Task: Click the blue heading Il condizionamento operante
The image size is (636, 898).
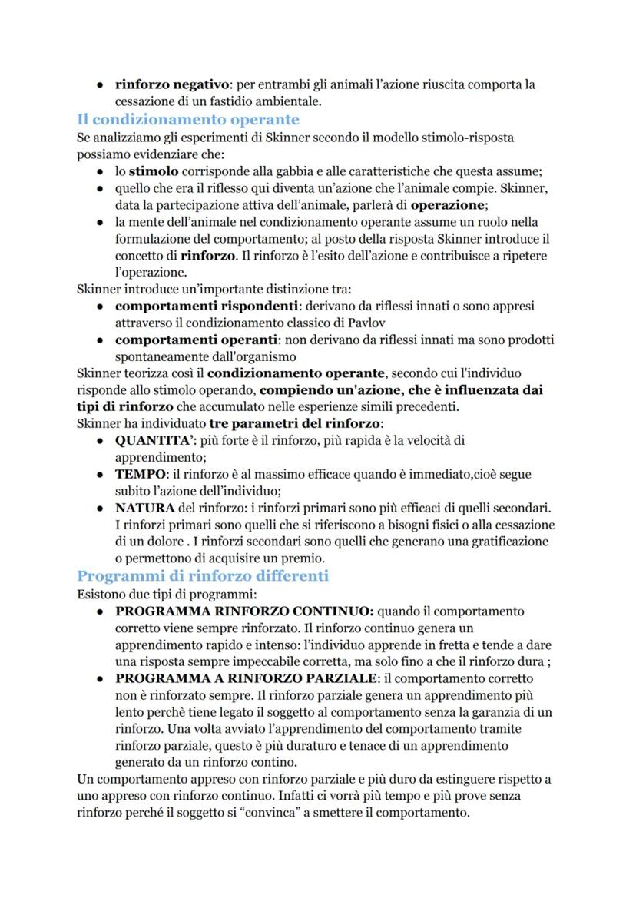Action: [x=187, y=119]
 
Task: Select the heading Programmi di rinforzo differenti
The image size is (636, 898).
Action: [x=203, y=575]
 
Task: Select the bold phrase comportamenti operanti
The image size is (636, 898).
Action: [x=196, y=340]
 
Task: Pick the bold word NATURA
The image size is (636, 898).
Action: [x=144, y=509]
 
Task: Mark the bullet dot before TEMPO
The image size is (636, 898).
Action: [x=101, y=475]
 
